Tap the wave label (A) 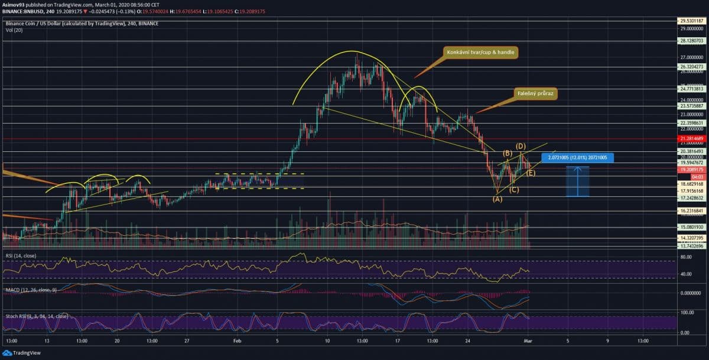pyautogui.click(x=497, y=199)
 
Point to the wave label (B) pyautogui.click(x=507, y=153)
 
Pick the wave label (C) pyautogui.click(x=514, y=189)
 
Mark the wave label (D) pyautogui.click(x=521, y=145)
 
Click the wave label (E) pyautogui.click(x=531, y=173)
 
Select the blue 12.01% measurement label pyautogui.click(x=578, y=158)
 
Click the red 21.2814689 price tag pyautogui.click(x=692, y=138)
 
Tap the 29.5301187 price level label pyautogui.click(x=692, y=20)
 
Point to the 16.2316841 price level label pyautogui.click(x=692, y=210)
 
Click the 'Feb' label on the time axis pyautogui.click(x=237, y=341)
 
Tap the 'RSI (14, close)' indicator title pyautogui.click(x=21, y=255)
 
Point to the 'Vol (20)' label pyautogui.click(x=14, y=30)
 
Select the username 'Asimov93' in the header pyautogui.click(x=14, y=4)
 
